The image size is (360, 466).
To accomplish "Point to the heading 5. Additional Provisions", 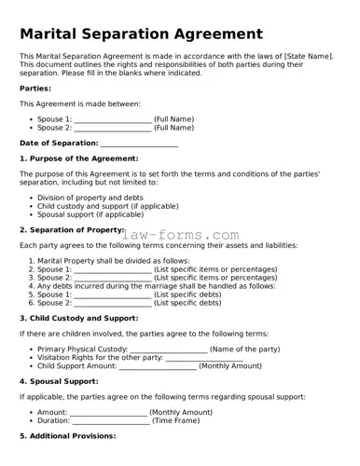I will (67, 436).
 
